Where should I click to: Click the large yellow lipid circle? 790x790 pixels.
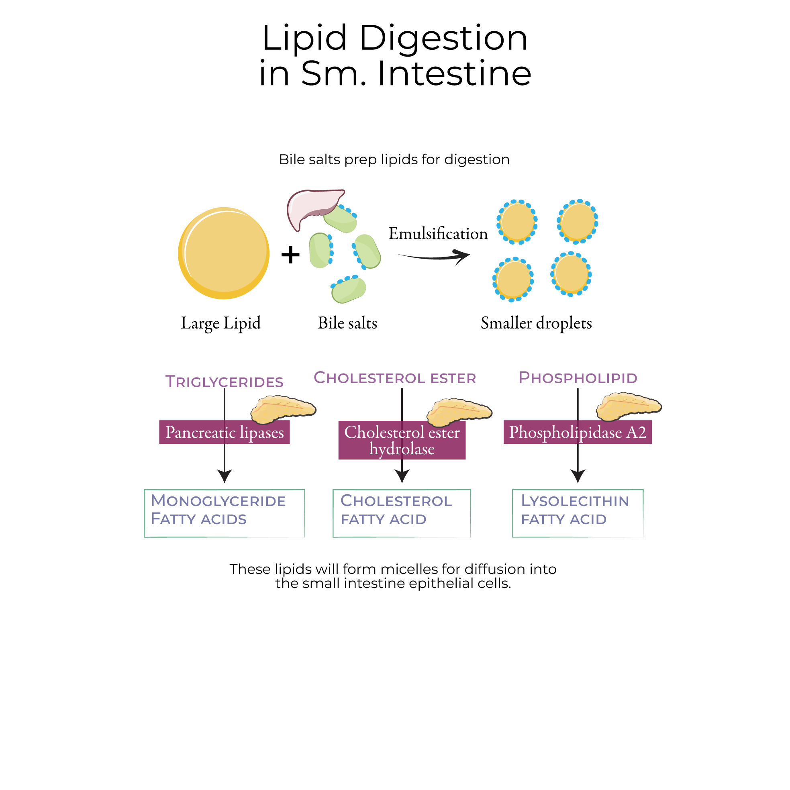point(224,253)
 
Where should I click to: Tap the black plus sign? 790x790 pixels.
point(290,255)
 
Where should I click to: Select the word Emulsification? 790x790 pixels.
point(438,234)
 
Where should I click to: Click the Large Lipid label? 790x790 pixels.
point(221,323)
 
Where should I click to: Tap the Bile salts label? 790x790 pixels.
point(347,323)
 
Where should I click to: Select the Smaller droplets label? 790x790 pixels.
point(536,323)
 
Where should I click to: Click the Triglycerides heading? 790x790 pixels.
point(224,382)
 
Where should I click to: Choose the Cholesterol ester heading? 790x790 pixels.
point(394,378)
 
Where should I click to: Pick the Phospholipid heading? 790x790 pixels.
point(578,378)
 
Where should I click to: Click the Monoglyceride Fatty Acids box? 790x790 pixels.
point(224,513)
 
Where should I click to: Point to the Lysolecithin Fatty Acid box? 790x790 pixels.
point(578,513)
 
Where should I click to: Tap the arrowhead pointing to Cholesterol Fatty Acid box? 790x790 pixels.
point(402,476)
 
